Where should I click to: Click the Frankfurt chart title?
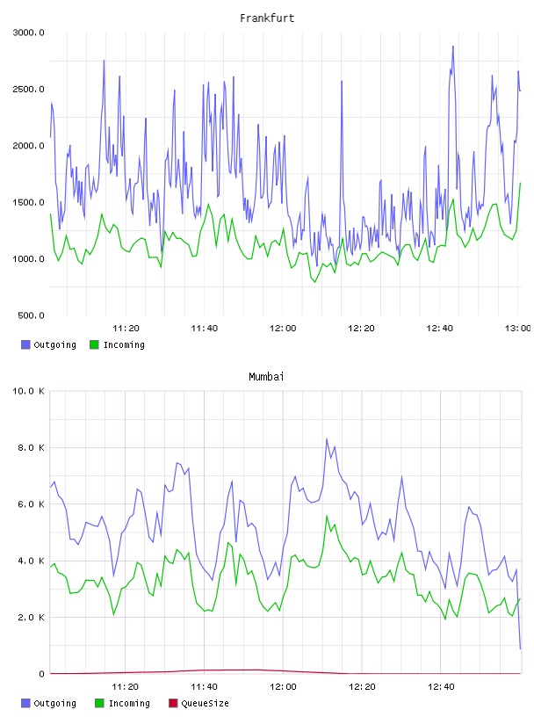point(267,18)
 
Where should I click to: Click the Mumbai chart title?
point(266,377)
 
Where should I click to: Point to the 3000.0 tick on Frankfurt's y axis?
point(28,33)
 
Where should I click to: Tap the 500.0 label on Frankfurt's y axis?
point(31,315)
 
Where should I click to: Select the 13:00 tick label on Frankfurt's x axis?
point(517,329)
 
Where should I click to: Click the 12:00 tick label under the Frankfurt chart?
point(283,329)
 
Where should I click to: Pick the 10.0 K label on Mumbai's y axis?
point(28,391)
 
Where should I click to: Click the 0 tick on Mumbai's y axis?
point(41,674)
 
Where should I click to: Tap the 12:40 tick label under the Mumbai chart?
point(441,687)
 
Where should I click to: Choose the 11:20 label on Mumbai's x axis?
point(126,687)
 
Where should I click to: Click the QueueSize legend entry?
point(198,703)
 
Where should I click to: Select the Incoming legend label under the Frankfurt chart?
point(124,344)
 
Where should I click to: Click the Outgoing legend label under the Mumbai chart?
point(54,703)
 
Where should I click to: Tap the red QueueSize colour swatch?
point(173,703)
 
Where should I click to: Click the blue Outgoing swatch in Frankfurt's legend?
point(25,344)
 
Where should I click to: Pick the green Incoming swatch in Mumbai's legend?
point(99,703)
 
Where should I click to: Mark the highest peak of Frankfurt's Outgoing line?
point(453,47)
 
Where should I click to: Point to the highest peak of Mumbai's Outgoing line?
point(327,438)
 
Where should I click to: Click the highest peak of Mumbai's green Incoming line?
point(327,516)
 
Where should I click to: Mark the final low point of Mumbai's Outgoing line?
point(520,648)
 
